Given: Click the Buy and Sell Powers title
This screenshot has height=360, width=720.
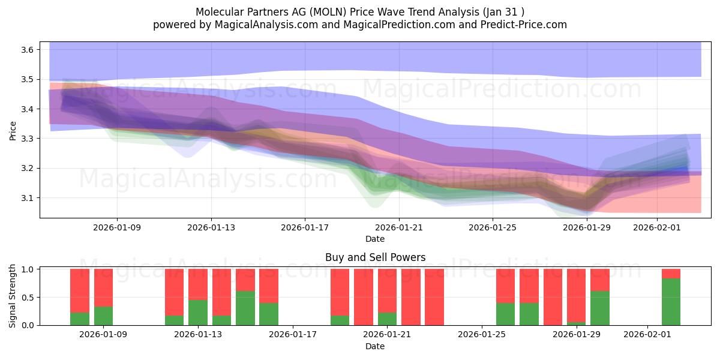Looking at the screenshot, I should (x=375, y=257).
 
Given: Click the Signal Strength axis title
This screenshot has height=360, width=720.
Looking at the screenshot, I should (x=13, y=296).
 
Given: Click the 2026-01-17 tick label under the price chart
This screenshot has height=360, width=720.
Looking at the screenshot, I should (x=305, y=227).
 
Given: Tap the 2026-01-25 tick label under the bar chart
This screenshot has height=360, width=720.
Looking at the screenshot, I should (x=482, y=334).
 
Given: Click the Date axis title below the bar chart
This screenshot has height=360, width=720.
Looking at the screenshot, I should (x=375, y=346).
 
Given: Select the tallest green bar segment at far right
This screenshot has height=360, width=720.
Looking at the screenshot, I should (x=671, y=302).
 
